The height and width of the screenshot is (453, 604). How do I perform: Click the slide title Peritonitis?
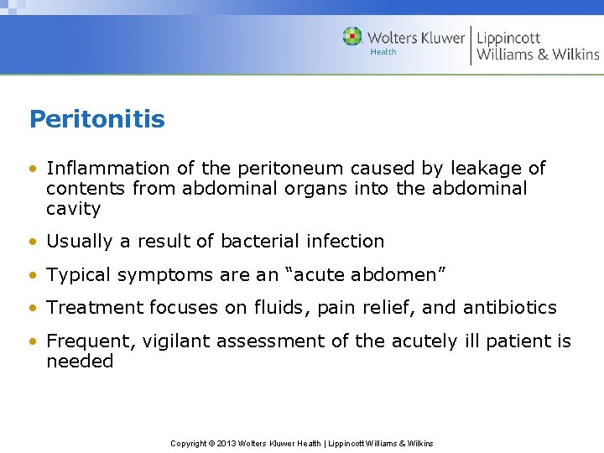(x=96, y=119)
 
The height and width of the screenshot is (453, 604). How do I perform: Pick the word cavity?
(x=73, y=209)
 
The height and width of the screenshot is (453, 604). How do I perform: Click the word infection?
(x=345, y=242)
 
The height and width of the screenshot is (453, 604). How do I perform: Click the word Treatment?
(x=95, y=308)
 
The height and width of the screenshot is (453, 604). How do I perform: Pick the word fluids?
(x=282, y=308)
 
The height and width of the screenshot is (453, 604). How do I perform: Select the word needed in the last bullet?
(x=80, y=362)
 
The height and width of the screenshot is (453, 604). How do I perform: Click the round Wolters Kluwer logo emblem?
(x=352, y=36)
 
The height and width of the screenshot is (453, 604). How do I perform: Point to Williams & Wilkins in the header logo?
(x=538, y=55)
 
